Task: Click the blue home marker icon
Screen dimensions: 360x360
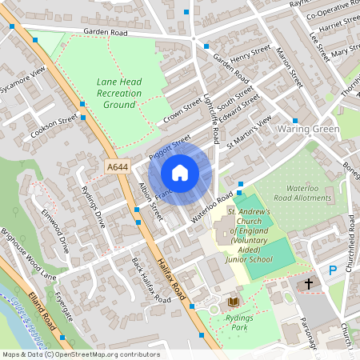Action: coord(180,173)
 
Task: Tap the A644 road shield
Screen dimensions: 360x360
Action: coord(116,166)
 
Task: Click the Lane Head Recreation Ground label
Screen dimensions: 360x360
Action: coord(119,93)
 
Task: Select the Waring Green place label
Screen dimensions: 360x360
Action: coord(308,129)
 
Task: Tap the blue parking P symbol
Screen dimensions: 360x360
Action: coord(333,272)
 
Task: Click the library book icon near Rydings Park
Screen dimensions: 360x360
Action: coord(234,301)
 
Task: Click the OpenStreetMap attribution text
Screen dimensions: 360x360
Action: coord(80,354)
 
